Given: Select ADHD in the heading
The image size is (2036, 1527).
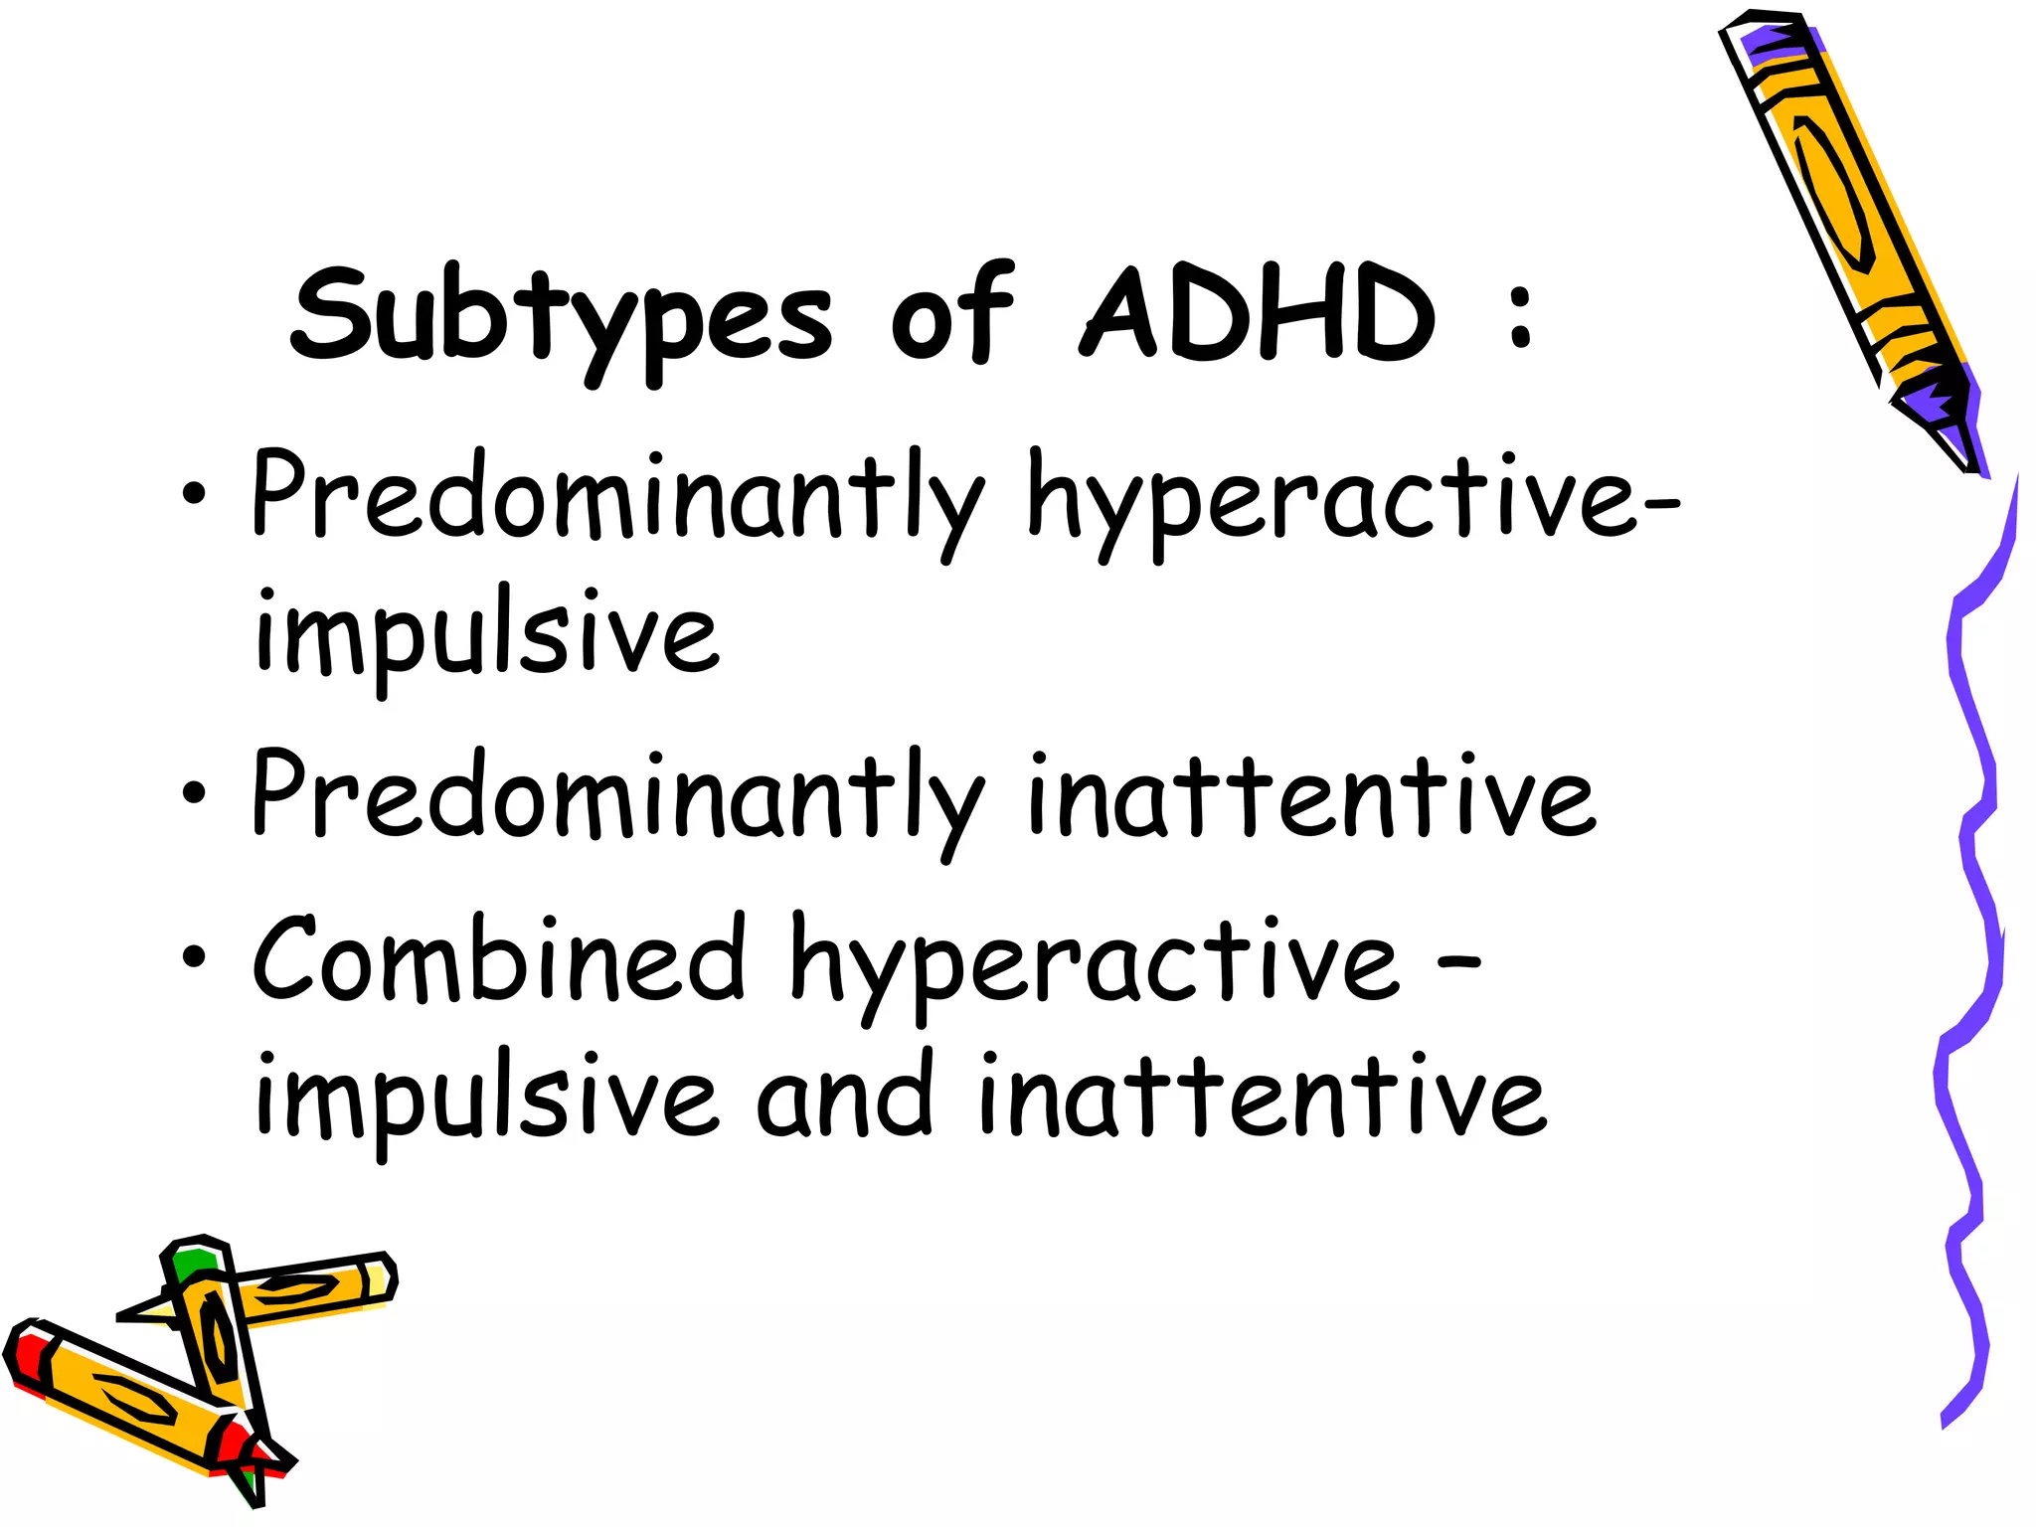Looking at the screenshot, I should pyautogui.click(x=1258, y=314).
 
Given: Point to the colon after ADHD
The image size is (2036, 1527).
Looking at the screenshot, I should pyautogui.click(x=1519, y=316).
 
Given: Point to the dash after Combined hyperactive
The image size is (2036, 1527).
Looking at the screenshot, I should pyautogui.click(x=1460, y=962).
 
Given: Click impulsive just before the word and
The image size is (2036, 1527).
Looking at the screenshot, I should pyautogui.click(x=486, y=1099).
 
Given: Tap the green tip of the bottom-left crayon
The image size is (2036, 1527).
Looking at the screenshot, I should pyautogui.click(x=192, y=1263).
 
